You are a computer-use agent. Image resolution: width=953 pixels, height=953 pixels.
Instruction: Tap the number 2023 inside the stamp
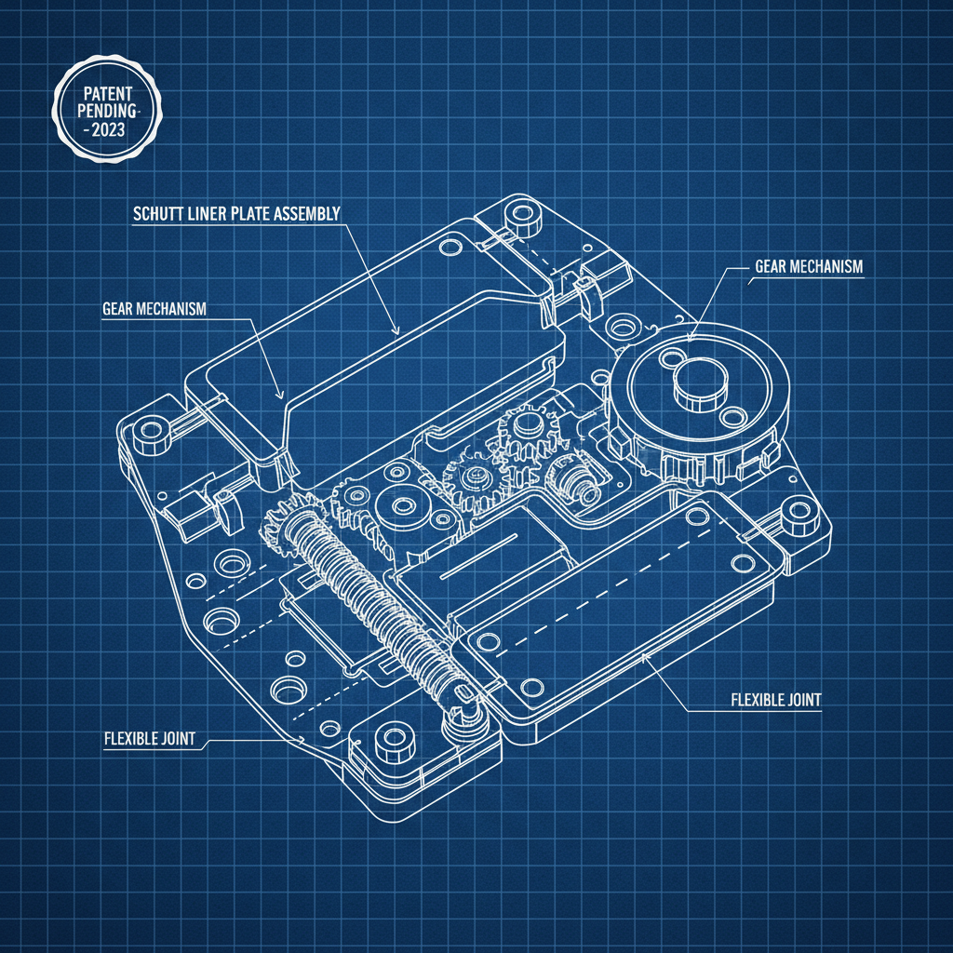click(105, 131)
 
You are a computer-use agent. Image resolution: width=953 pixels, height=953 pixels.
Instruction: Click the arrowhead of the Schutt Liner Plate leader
click(396, 330)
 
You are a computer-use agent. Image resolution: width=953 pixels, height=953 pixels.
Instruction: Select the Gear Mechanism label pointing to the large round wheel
click(808, 267)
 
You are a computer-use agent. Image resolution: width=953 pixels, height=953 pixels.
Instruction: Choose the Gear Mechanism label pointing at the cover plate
click(154, 309)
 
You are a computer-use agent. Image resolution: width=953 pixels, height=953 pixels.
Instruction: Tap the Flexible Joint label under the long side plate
click(772, 700)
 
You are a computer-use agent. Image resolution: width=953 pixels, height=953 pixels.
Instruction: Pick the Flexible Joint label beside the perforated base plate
click(149, 739)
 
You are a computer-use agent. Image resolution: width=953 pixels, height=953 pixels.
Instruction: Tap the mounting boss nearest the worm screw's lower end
click(393, 742)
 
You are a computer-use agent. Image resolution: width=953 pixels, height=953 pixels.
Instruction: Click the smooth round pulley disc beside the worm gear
click(404, 506)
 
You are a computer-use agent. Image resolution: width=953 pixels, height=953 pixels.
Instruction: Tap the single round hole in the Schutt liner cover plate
click(450, 247)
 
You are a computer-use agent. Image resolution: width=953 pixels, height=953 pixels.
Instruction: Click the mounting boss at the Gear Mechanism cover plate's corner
click(146, 433)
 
